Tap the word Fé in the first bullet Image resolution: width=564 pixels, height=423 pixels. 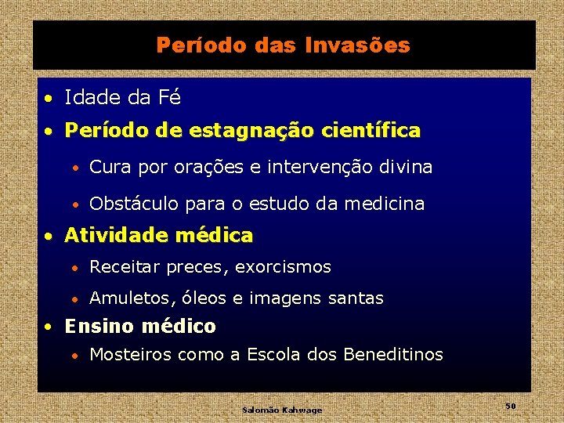(169, 98)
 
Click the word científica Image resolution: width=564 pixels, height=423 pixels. (374, 130)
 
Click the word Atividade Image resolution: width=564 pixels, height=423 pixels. (116, 235)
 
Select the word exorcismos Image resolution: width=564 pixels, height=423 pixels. (284, 267)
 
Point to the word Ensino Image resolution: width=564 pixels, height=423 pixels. (97, 326)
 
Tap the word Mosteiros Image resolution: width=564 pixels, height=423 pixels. (131, 355)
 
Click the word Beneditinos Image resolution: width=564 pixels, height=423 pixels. (392, 355)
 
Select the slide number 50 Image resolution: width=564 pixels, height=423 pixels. (510, 406)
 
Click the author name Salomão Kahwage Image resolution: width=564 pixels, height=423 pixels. (282, 410)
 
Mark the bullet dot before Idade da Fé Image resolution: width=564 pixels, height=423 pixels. (49, 99)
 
